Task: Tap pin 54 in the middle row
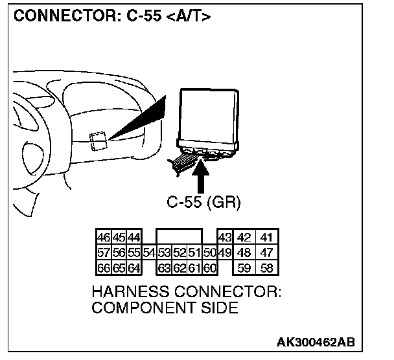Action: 150,253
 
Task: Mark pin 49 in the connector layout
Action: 225,253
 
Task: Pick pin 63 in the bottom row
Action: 165,267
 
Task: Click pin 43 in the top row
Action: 225,238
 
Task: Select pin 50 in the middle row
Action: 210,253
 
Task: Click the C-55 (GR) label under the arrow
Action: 203,202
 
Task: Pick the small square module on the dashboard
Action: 98,141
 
